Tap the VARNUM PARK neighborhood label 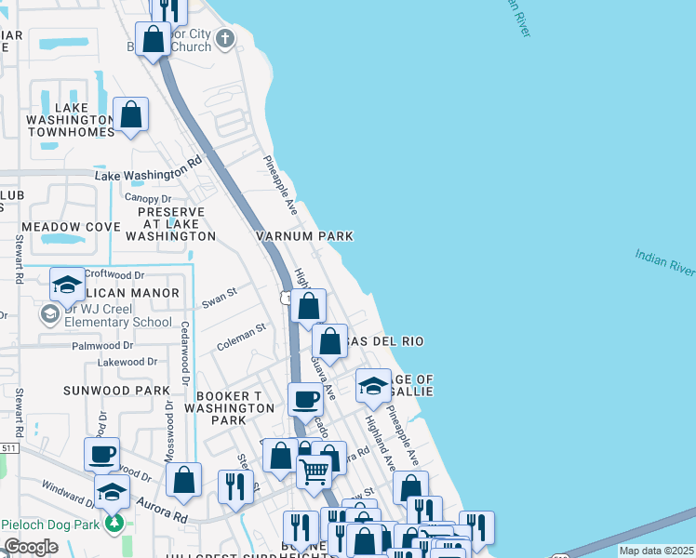(305, 236)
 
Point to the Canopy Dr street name (148, 199)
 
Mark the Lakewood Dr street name (132, 362)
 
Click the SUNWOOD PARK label (116, 391)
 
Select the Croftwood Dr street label (114, 275)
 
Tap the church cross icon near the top (224, 38)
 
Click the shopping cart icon (315, 472)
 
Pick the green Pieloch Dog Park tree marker (114, 524)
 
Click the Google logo (31, 548)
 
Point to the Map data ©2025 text (656, 551)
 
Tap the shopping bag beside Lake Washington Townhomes (131, 115)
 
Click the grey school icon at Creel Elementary (49, 316)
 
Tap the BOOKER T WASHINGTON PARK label (229, 407)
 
